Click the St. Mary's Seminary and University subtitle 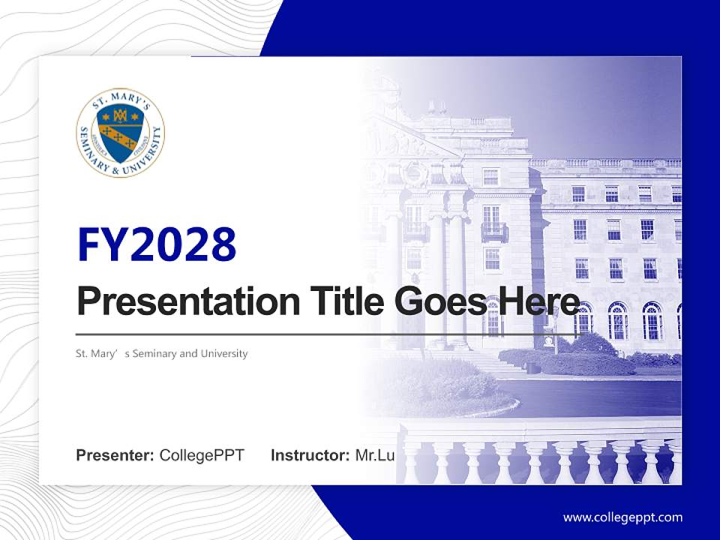pos(162,353)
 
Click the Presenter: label pos(115,455)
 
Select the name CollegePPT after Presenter pos(201,455)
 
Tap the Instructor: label pos(310,455)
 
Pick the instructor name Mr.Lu pos(375,455)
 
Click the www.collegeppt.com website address pos(622,517)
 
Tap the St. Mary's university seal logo pos(120,133)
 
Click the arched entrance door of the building pos(493,318)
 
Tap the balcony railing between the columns pos(493,232)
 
